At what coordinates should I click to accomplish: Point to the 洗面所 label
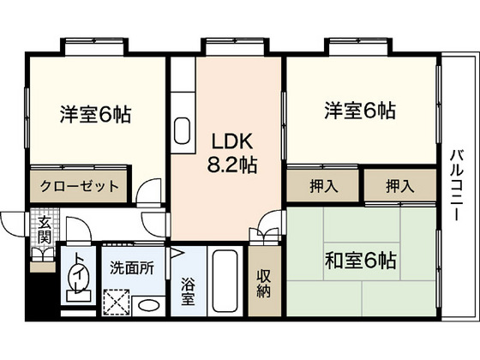(x=132, y=267)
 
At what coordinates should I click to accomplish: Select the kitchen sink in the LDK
(x=183, y=131)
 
